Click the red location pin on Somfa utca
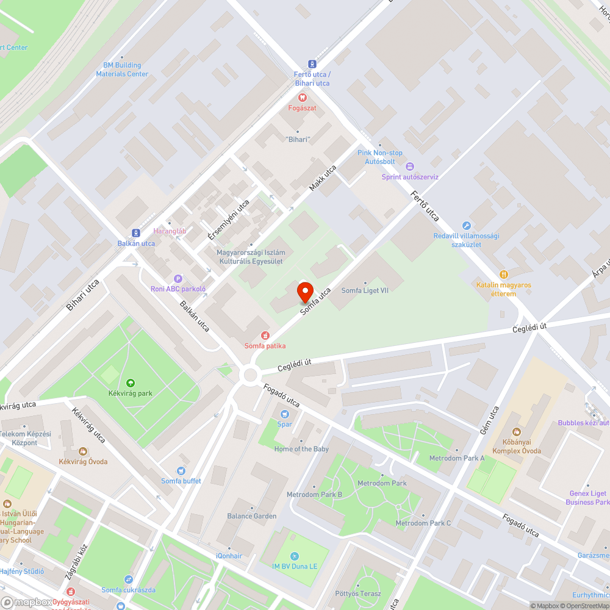pos(305,292)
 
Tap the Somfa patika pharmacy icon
pos(265,335)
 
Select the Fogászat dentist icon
pos(301,98)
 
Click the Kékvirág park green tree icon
pos(130,383)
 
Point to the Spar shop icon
pos(284,414)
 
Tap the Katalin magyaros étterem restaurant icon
pos(504,274)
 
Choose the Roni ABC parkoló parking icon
pos(178,278)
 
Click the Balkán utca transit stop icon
pos(136,232)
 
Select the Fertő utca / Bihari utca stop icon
pos(312,64)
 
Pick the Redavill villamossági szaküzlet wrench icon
pos(467,226)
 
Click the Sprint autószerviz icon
pos(410,167)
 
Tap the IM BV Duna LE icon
pos(295,556)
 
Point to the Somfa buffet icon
pos(181,471)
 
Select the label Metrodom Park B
pos(314,495)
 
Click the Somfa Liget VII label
pos(365,290)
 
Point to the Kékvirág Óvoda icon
pos(82,451)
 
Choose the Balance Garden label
pos(252,516)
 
